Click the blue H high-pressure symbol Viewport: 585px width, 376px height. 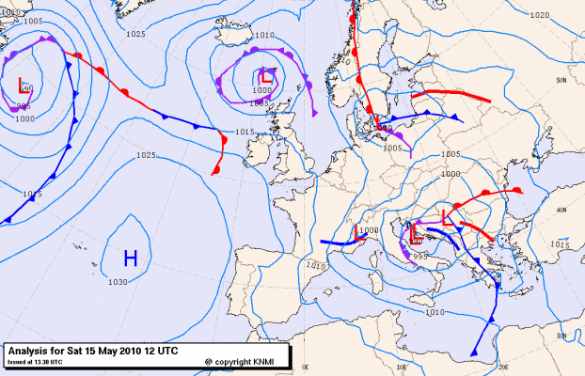130,257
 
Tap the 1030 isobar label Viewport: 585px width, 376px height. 118,282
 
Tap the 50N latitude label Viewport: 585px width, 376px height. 561,81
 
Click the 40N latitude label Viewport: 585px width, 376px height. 561,210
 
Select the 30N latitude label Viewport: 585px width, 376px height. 561,336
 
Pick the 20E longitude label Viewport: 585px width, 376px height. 502,367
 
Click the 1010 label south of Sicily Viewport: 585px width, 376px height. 434,311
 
